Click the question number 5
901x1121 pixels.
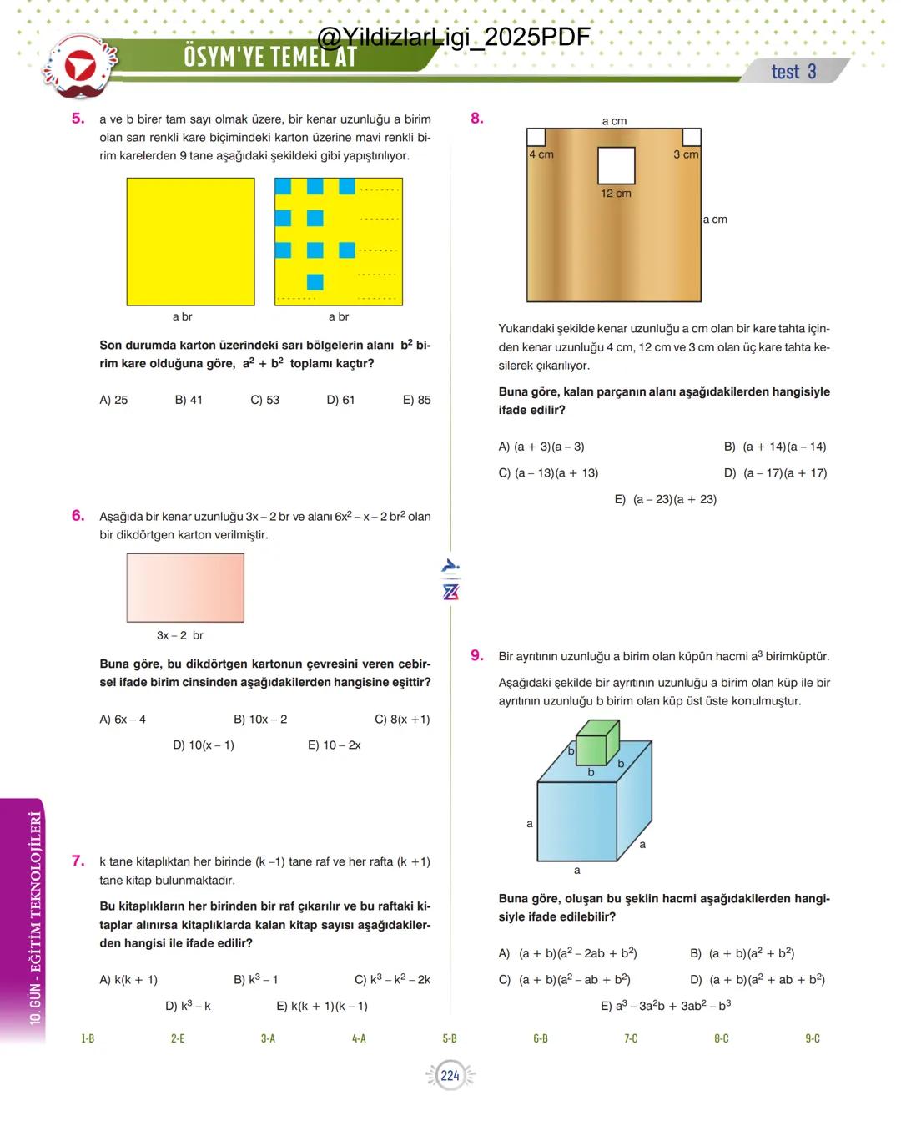click(x=78, y=119)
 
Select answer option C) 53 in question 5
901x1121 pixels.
click(x=264, y=400)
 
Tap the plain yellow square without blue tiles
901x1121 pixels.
click(x=190, y=241)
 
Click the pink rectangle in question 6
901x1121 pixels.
click(x=185, y=588)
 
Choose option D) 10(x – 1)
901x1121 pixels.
click(x=203, y=745)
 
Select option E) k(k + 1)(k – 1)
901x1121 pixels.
click(x=322, y=1006)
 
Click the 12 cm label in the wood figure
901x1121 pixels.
click(x=616, y=194)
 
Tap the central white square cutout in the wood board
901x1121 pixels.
click(x=616, y=165)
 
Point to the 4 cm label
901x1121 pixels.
click(x=541, y=155)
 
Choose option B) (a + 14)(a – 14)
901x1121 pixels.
click(x=775, y=447)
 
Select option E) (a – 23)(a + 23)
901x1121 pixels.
click(x=665, y=499)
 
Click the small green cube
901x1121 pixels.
click(x=597, y=739)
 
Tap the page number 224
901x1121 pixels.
click(x=450, y=1075)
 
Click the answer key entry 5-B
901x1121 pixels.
click(x=450, y=1038)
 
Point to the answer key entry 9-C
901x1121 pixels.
click(x=813, y=1038)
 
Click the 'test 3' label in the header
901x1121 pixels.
click(x=793, y=72)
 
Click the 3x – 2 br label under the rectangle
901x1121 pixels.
click(x=180, y=635)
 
